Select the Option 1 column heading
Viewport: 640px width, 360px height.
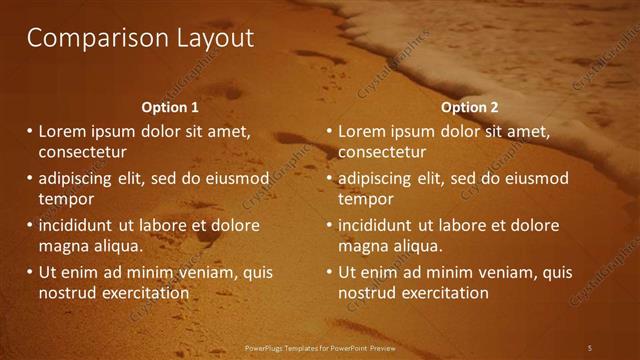170,107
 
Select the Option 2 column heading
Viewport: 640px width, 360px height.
469,107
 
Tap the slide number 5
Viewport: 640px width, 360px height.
589,347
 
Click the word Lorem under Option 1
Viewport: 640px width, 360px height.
61,131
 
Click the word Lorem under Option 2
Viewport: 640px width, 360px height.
361,131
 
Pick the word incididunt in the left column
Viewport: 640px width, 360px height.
78,225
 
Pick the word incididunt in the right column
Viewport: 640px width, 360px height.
378,225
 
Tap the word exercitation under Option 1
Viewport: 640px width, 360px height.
144,293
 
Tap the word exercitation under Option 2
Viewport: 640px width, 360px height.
444,293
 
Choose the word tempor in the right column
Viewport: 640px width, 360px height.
366,199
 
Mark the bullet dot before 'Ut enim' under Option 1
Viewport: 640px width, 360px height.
29,272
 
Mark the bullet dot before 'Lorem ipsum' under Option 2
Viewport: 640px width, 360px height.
329,131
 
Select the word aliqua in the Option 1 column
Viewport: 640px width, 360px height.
119,246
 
